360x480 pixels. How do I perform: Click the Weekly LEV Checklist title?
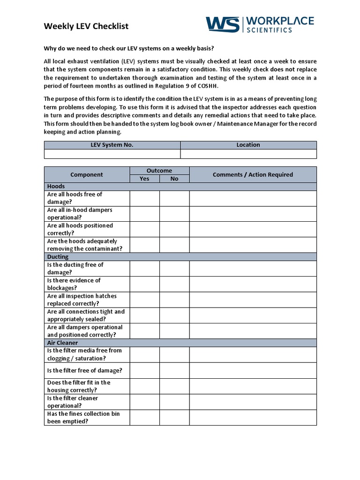pos(86,26)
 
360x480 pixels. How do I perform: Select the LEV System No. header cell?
pos(112,145)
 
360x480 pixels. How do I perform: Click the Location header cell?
pos(248,145)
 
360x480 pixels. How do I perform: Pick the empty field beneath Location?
pos(248,154)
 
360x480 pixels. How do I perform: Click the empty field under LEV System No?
pos(112,154)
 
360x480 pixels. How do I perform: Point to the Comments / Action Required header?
pos(253,174)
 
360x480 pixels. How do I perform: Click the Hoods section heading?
pos(56,186)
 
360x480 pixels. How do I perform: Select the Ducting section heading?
pos(58,256)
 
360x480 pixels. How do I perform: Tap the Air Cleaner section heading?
pos(62,343)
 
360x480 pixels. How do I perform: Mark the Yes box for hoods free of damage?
pos(144,198)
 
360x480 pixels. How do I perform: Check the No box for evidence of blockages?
pos(174,284)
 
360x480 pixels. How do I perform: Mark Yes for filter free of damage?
pos(144,370)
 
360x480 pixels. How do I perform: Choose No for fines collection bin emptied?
pos(174,417)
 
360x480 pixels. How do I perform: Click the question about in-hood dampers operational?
pos(80,214)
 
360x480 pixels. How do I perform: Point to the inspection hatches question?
pos(82,300)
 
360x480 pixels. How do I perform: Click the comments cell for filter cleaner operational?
pos(253,402)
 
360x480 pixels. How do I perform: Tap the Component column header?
pos(86,174)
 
